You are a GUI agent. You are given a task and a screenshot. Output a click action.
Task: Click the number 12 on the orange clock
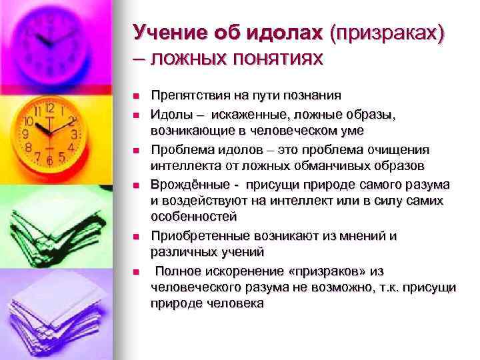[49, 107]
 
